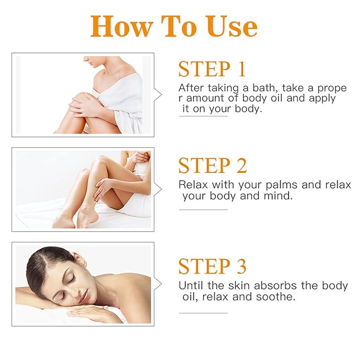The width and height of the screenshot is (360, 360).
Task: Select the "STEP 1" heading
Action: pyautogui.click(x=212, y=69)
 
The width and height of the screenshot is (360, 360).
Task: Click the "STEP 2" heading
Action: pyautogui.click(x=213, y=165)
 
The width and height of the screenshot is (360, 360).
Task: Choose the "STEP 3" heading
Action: pyautogui.click(x=212, y=266)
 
